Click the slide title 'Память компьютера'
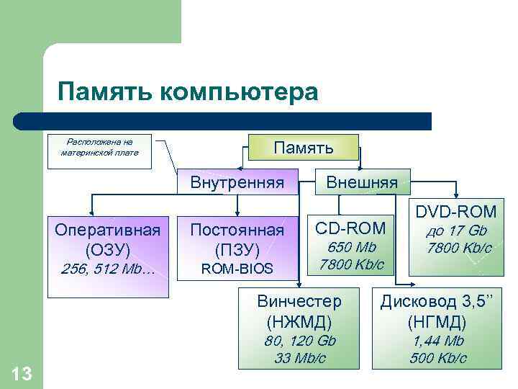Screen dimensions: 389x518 (x=187, y=92)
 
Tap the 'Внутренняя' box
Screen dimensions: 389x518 (x=237, y=182)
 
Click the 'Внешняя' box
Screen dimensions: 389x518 (x=362, y=182)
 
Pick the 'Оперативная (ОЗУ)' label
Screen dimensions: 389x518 (x=107, y=240)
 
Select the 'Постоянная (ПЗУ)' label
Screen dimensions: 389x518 (x=237, y=240)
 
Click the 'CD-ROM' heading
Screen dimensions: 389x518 (x=352, y=228)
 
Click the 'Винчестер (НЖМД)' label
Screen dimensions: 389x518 (x=299, y=310)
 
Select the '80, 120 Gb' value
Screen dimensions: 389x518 (x=299, y=341)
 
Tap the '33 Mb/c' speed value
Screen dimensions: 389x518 (x=299, y=357)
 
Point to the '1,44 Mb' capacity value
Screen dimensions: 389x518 (x=437, y=341)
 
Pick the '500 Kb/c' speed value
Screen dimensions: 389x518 (x=437, y=357)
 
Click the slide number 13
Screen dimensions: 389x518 (x=22, y=373)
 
